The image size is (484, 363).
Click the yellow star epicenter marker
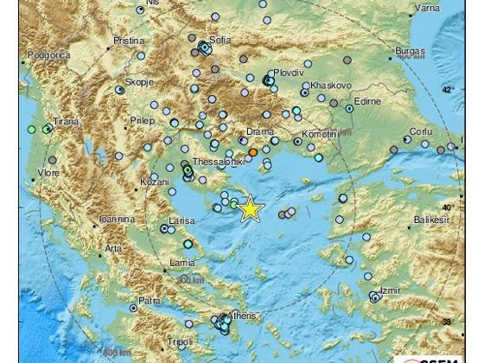[x=250, y=209]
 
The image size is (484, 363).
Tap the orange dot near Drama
[x=252, y=152]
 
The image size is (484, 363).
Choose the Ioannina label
[x=116, y=220]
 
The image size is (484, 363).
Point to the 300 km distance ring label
[x=188, y=281]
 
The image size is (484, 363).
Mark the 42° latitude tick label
[x=447, y=90]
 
